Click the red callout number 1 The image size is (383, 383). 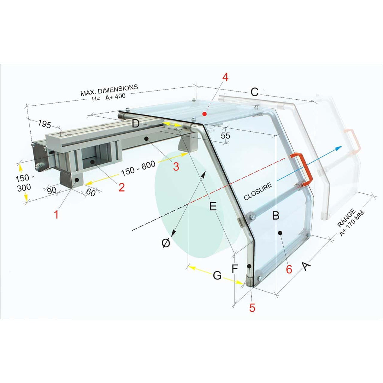tap(56, 215)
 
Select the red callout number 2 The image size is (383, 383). tap(121, 187)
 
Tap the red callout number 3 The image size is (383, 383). tap(176, 166)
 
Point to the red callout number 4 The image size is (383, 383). tap(225, 77)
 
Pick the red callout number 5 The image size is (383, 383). tap(252, 307)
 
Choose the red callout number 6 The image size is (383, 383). tap(289, 269)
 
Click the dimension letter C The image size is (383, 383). tap(254, 92)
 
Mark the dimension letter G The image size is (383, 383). tap(217, 275)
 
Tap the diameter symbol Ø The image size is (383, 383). tap(166, 243)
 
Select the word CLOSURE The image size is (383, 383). tap(258, 191)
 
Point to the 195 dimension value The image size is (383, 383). tap(44, 124)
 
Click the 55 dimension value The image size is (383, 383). tap(225, 136)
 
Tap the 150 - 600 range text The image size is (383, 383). tap(138, 169)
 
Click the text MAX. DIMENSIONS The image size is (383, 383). tap(109, 90)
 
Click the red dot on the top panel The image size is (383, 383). tap(204, 114)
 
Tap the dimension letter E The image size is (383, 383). tap(213, 207)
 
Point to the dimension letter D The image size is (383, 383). tap(136, 124)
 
